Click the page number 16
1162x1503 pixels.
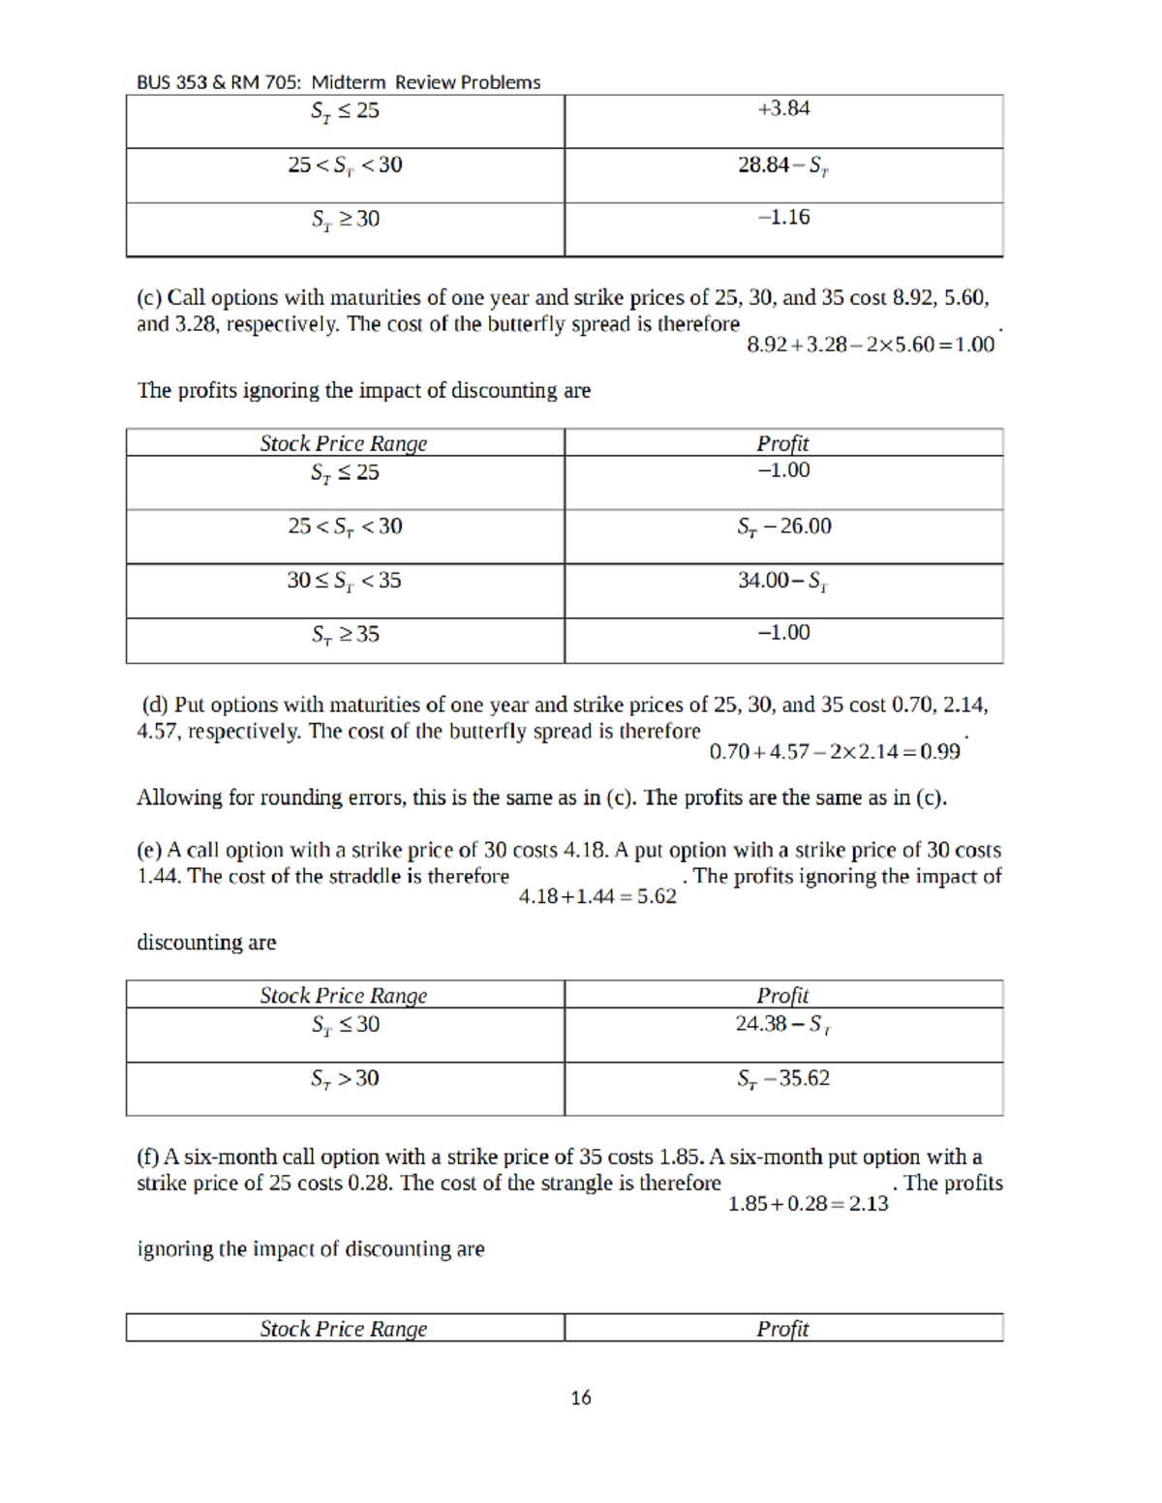click(581, 1398)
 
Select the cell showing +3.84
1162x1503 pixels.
click(783, 109)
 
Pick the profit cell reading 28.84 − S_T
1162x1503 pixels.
click(783, 165)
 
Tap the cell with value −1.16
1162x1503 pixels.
click(783, 218)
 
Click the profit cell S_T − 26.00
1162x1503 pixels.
click(783, 526)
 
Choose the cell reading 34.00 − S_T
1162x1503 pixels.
click(783, 581)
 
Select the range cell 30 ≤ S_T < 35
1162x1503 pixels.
click(344, 581)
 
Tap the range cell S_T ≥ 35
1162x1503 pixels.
click(345, 635)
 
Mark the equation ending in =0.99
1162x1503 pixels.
click(835, 752)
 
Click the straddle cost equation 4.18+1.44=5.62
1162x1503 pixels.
click(597, 897)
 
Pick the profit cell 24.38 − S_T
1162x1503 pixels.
click(783, 1024)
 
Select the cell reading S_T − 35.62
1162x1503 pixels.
click(783, 1078)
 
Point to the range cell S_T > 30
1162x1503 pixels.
click(345, 1078)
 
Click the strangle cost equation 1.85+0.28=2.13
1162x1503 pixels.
click(808, 1204)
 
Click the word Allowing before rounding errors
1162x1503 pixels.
click(171, 797)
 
